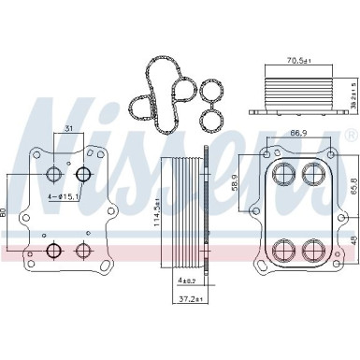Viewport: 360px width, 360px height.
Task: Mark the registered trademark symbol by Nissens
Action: [349, 136]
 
